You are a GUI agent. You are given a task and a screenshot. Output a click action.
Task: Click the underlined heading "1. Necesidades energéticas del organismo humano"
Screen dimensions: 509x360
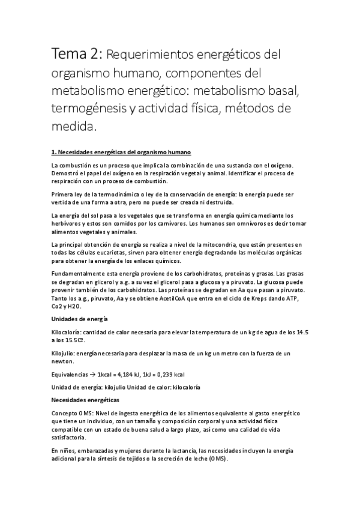(121, 152)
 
